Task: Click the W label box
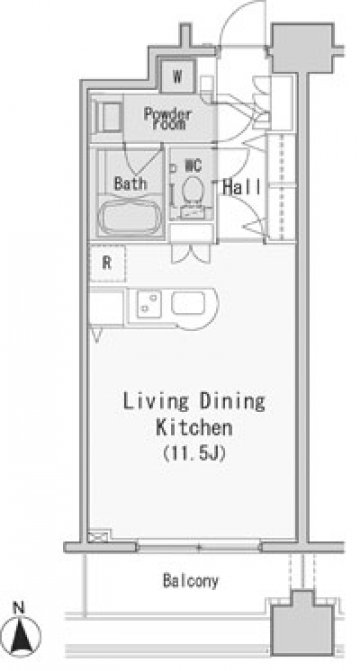[178, 76]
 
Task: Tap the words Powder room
[167, 119]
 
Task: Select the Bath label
[131, 184]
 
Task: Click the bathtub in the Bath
[130, 218]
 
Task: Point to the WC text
[193, 166]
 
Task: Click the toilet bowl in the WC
[193, 190]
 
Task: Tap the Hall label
[242, 187]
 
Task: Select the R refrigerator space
[107, 263]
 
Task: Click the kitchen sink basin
[188, 304]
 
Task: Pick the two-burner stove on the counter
[149, 304]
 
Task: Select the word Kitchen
[194, 428]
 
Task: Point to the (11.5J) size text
[194, 454]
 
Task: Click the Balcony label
[190, 581]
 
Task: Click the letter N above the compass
[18, 608]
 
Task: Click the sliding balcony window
[199, 547]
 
